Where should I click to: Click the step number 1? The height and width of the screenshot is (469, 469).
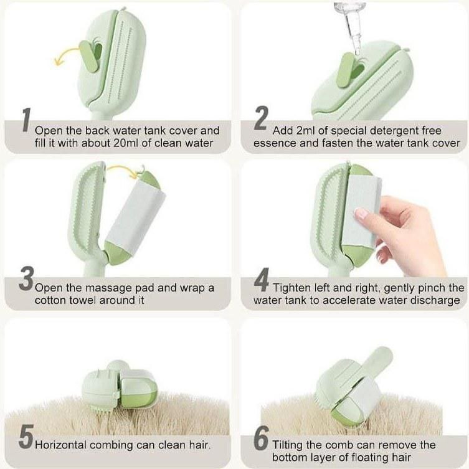tap(27, 120)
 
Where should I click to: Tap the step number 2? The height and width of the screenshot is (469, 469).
tap(261, 118)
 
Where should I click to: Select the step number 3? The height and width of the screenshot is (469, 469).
tap(26, 278)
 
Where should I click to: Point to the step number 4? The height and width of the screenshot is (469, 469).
tap(262, 280)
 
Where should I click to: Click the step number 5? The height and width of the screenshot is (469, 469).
tap(26, 437)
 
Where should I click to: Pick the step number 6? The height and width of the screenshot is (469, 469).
tap(262, 438)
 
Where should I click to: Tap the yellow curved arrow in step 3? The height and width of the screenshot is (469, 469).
tap(121, 171)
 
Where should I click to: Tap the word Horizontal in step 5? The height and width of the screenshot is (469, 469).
tap(60, 445)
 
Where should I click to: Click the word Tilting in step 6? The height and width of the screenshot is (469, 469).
tap(287, 445)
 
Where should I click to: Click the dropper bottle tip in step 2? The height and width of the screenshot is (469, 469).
tap(357, 52)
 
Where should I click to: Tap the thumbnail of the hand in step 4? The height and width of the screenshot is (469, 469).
tap(361, 213)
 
